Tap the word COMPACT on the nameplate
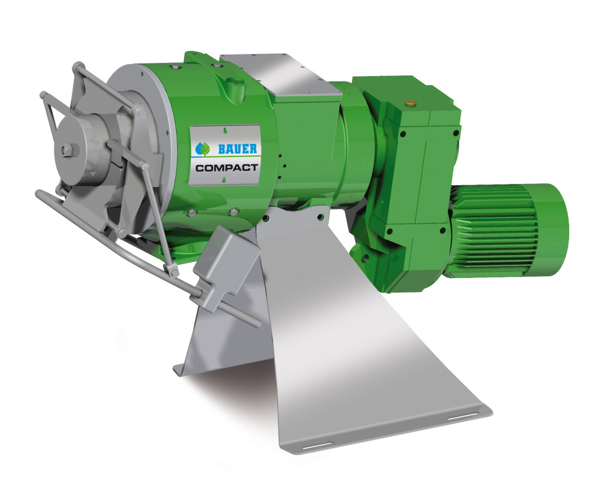click(226, 168)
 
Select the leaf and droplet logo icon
click(202, 147)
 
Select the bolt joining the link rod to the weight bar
click(174, 272)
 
